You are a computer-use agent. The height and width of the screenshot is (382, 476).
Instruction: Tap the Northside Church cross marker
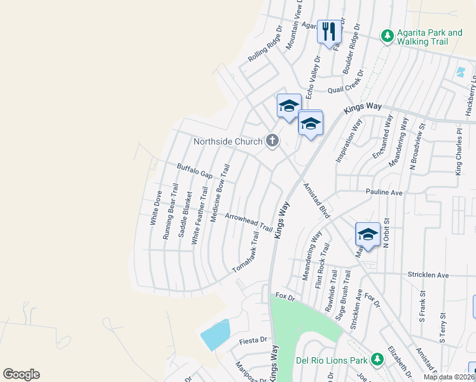pyautogui.click(x=272, y=140)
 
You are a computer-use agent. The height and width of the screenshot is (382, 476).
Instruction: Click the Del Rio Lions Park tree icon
pyautogui.click(x=377, y=360)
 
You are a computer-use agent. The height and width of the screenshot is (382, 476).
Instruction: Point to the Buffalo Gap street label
pyautogui.click(x=195, y=170)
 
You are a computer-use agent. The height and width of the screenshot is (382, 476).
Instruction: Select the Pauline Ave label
pyautogui.click(x=384, y=192)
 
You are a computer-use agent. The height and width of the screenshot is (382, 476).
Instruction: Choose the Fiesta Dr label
pyautogui.click(x=251, y=341)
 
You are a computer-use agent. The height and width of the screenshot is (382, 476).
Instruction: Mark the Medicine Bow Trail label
pyautogui.click(x=219, y=193)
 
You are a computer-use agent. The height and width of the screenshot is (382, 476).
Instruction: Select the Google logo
pyautogui.click(x=21, y=374)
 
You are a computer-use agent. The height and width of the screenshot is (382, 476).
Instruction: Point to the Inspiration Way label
pyautogui.click(x=348, y=141)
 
